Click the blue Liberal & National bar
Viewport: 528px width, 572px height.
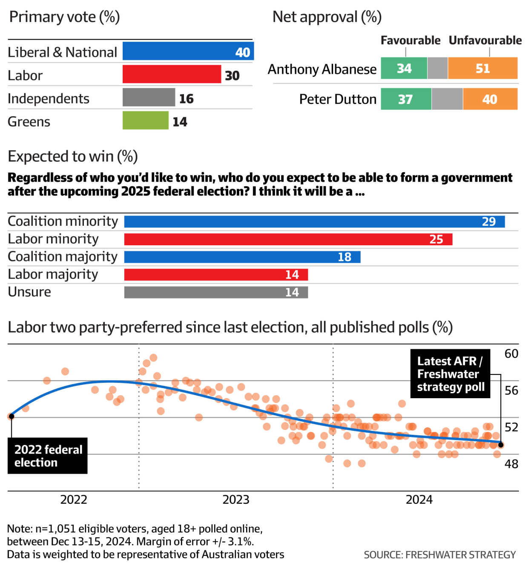188,51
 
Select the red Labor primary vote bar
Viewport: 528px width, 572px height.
172,74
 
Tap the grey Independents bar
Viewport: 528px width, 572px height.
149,98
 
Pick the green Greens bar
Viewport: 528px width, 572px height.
145,121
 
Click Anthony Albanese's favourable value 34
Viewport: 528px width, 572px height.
404,68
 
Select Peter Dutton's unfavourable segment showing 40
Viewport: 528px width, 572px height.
490,99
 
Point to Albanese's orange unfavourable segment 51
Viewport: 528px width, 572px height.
482,68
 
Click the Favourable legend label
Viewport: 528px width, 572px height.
410,40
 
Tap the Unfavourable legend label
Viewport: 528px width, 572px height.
485,40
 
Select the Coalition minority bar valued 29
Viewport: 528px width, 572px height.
314,222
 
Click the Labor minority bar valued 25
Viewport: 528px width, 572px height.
288,239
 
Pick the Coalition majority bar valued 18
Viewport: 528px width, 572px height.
242,257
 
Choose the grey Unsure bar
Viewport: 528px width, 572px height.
216,293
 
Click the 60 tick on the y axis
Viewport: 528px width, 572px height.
511,354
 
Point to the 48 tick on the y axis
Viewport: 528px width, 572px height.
511,464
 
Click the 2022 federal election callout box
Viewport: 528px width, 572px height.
48,456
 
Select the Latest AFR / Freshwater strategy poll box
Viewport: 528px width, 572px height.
450,374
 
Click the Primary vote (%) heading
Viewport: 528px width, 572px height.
64,17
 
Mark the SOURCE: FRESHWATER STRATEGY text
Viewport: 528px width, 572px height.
439,555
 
